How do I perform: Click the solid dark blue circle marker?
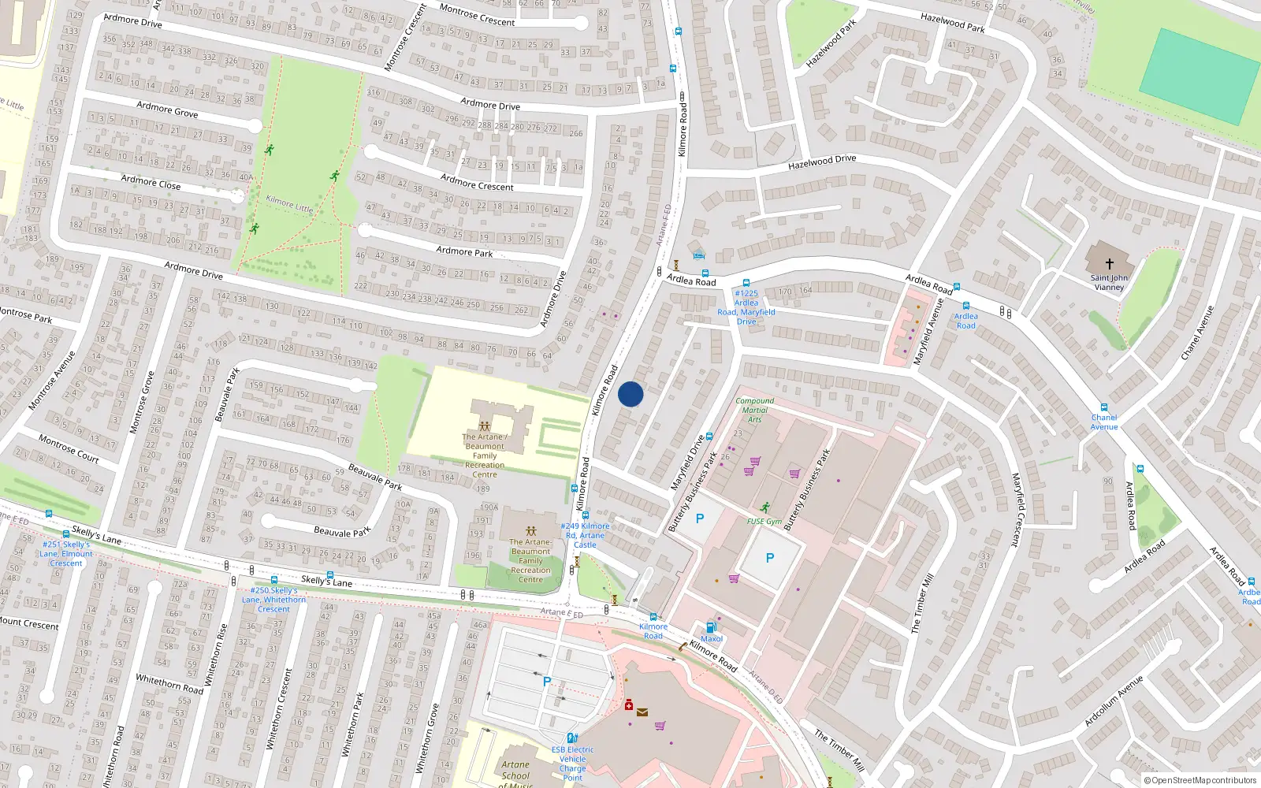point(630,394)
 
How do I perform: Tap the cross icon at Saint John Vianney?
point(1110,263)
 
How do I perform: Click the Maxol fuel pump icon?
point(711,627)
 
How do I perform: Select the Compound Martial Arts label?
point(754,410)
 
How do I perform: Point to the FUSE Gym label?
point(764,521)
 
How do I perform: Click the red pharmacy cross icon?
point(629,704)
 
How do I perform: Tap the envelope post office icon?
point(642,712)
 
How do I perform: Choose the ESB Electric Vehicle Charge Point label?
point(573,764)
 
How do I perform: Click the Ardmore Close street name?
point(151,182)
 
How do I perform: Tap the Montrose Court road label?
point(69,448)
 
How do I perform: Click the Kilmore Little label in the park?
point(289,204)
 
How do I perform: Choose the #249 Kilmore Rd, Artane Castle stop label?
point(585,535)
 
